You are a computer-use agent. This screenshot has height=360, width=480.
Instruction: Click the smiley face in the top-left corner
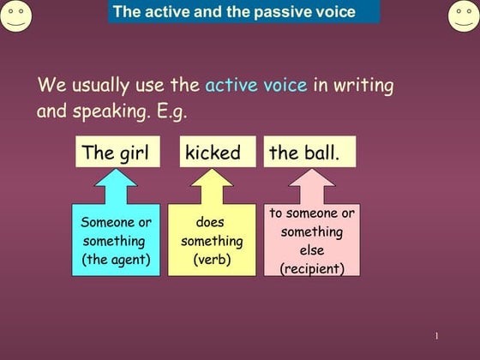[x=15, y=15]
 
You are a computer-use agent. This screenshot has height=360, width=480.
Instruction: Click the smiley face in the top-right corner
[x=464, y=15]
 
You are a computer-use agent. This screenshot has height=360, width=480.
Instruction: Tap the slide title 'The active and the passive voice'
[x=233, y=12]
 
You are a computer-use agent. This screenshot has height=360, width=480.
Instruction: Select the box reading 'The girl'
[x=116, y=153]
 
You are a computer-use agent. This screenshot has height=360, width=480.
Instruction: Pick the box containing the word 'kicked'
[x=213, y=153]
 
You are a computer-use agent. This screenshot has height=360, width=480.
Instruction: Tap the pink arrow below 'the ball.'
[x=311, y=184]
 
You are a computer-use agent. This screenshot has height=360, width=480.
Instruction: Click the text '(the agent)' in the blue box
[x=116, y=260]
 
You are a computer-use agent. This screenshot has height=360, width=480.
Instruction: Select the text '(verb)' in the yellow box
[x=211, y=260]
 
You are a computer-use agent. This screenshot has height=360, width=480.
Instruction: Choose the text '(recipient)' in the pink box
[x=312, y=268]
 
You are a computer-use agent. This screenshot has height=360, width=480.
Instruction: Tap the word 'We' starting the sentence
[x=50, y=86]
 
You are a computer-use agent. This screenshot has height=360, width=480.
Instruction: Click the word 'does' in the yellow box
[x=210, y=223]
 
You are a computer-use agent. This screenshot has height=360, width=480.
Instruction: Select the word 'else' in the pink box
[x=312, y=250]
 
